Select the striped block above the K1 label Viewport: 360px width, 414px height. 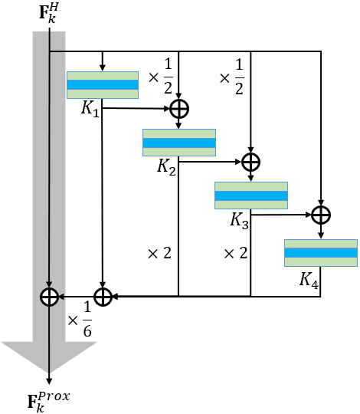[103, 84]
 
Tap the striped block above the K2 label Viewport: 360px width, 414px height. [178, 143]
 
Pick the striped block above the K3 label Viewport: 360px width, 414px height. [250, 195]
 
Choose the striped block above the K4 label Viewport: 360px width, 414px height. [320, 252]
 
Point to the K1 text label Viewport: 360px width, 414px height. [90, 110]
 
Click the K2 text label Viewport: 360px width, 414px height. [167, 166]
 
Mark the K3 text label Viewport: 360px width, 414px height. [240, 220]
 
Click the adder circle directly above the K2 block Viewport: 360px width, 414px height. [178, 109]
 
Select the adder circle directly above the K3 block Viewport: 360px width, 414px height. [251, 162]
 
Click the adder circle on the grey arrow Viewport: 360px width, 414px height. [49, 296]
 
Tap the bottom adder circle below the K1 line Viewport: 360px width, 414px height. [103, 296]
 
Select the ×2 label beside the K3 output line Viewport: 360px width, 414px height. [234, 253]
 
